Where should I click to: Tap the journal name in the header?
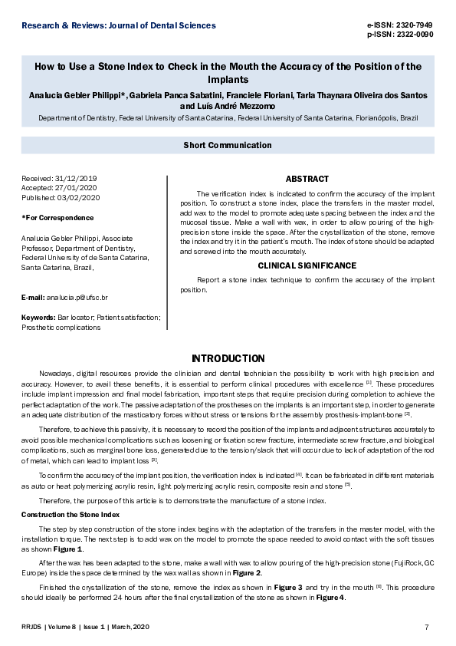click(119, 25)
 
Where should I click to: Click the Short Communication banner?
click(228, 145)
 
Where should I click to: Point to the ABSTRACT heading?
click(307, 178)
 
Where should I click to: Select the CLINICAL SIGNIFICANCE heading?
click(307, 265)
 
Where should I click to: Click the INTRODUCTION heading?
click(228, 358)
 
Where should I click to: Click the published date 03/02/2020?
click(80, 197)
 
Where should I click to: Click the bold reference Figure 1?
click(68, 549)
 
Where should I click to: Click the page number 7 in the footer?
click(427, 628)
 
